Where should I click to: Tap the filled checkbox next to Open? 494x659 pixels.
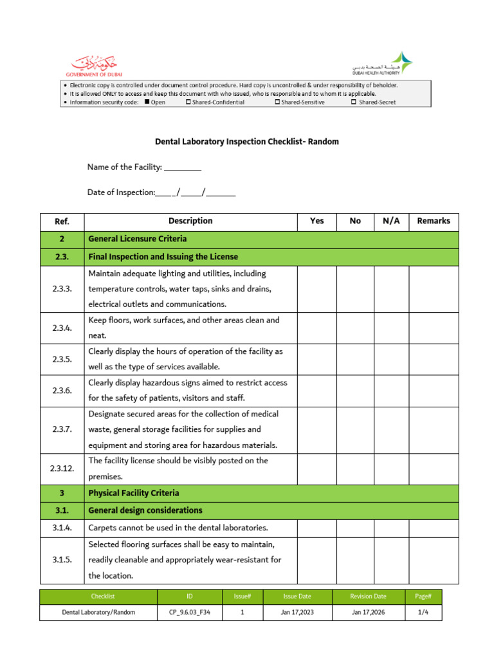[147, 102]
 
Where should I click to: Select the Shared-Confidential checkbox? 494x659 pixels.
[188, 102]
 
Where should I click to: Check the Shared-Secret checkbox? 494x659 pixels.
[354, 102]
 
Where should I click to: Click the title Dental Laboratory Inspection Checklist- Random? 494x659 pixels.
[247, 142]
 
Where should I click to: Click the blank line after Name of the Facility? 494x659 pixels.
[183, 168]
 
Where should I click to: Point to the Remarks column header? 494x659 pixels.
[434, 221]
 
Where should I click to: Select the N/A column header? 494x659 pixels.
[391, 221]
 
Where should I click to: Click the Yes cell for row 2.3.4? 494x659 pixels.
[316, 328]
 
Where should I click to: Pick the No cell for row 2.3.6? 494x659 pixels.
[355, 391]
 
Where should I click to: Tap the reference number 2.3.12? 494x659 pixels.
[62, 469]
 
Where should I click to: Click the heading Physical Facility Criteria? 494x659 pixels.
[134, 493]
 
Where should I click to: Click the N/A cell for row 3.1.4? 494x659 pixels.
[391, 528]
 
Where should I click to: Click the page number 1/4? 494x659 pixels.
[423, 612]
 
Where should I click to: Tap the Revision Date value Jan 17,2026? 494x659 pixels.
[369, 612]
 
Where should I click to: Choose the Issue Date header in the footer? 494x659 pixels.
[297, 597]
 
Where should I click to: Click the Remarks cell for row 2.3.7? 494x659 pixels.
[434, 430]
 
